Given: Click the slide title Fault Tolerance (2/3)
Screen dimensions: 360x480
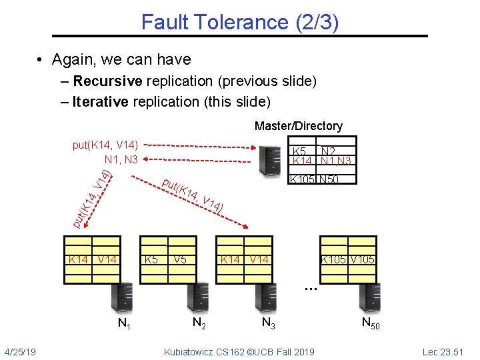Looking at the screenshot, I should click(240, 22).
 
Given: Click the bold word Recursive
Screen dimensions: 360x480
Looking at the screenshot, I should click(107, 81).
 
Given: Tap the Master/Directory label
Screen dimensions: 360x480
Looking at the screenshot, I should click(298, 126).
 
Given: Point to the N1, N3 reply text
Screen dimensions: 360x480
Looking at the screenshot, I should click(121, 159).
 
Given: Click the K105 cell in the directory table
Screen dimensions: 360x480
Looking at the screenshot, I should click(303, 179).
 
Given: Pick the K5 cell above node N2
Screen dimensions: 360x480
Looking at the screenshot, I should click(151, 259).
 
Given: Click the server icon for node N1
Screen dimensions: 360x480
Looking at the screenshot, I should click(122, 297).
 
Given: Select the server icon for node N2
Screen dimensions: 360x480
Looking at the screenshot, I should click(199, 297).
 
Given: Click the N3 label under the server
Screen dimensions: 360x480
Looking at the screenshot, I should click(269, 325).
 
